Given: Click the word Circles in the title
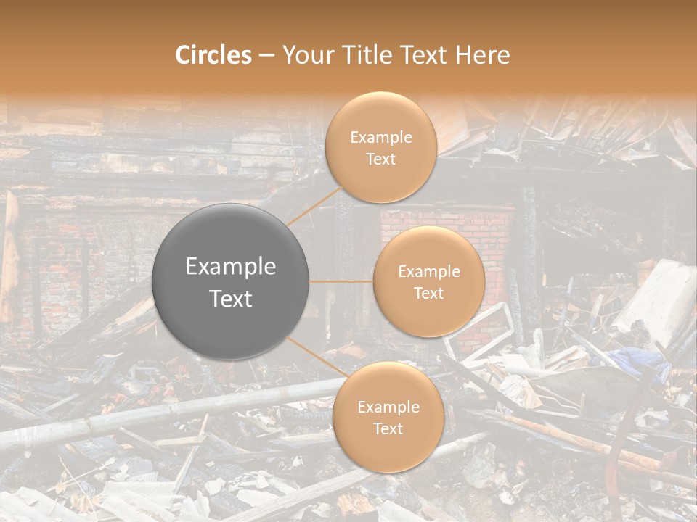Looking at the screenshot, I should point(213,55).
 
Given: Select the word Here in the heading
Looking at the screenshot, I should point(482,55).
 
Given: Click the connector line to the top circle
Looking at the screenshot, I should point(314,205).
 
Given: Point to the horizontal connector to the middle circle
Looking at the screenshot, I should point(341,281).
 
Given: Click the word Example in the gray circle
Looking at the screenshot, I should point(231,267).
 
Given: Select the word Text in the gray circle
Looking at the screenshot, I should point(231,299).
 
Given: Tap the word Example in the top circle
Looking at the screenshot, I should point(380,138).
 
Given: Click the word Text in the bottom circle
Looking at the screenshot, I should point(388,428).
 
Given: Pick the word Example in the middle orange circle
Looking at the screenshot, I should point(428,272).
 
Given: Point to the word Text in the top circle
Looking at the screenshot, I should point(380,159).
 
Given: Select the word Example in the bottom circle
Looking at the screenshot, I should point(388,407).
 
